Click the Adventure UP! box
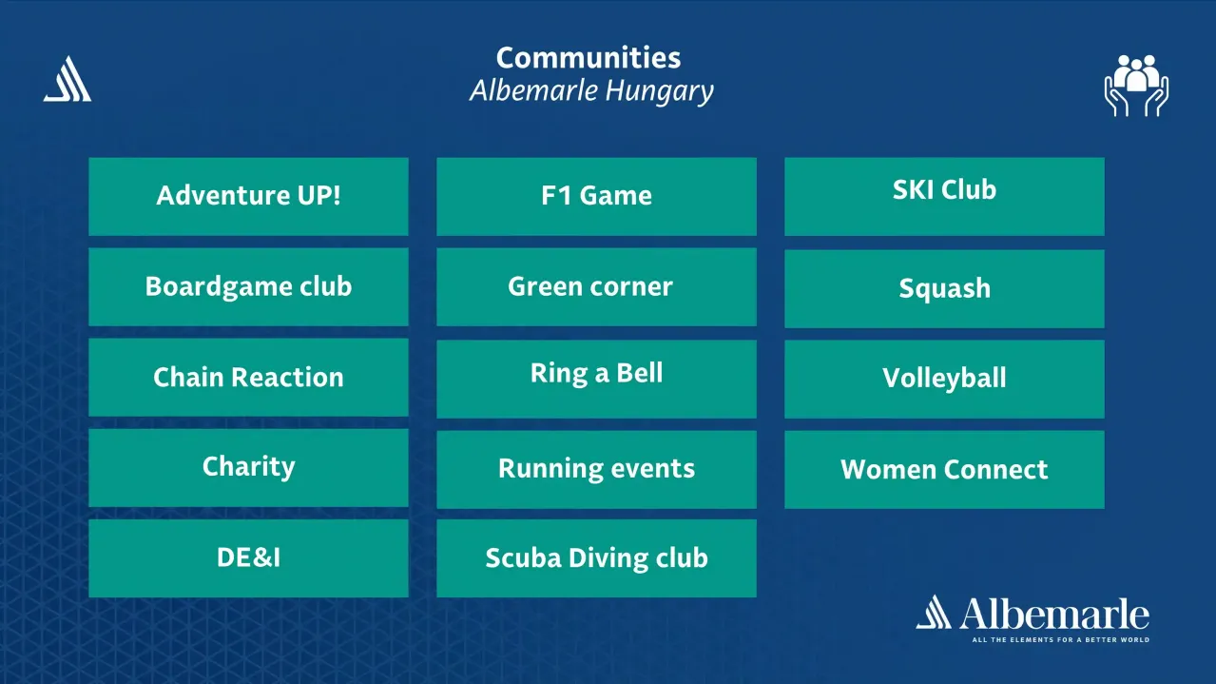248,196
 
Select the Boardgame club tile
248,286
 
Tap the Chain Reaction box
248,377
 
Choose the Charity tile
248,467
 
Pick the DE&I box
248,557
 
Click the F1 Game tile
596,196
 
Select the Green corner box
596,286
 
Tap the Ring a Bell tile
596,378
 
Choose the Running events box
596,469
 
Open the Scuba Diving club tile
596,557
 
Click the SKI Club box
944,196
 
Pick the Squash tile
944,288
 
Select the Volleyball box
944,379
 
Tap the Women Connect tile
944,469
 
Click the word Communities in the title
589,58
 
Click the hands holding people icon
1136,86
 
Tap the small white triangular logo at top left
68,80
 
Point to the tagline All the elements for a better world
1060,640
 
